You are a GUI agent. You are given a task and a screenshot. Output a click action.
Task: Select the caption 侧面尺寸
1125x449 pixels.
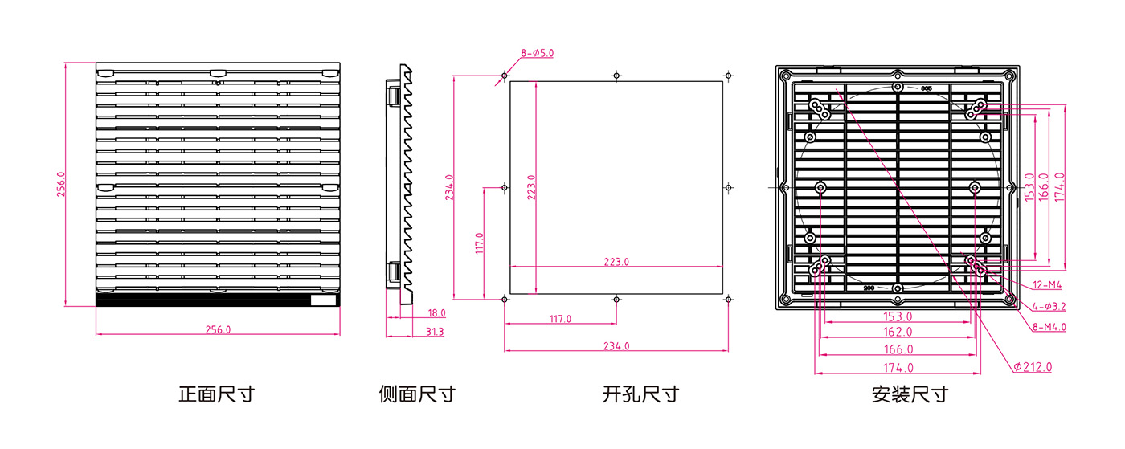[x=417, y=394]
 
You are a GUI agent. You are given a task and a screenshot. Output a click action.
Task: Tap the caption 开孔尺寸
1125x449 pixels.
[x=640, y=394]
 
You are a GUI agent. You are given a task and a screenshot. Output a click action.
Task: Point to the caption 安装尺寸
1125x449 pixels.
[x=909, y=394]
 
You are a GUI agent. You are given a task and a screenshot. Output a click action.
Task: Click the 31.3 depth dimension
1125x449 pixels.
[x=435, y=331]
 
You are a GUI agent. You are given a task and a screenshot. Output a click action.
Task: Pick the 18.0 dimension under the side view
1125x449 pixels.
[x=436, y=313]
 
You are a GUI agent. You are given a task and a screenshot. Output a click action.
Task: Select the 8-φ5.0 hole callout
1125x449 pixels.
[x=537, y=53]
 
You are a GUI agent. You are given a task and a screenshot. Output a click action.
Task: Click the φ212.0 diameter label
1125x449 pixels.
[x=1033, y=367]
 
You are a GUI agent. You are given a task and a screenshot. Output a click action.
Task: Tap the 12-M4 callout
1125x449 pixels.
[x=1046, y=285]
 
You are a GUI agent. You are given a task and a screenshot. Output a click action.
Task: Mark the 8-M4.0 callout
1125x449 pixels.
[x=1049, y=327]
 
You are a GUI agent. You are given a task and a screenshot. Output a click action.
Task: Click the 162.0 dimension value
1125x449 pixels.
[x=898, y=332]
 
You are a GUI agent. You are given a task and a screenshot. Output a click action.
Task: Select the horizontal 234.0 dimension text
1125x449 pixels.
[x=616, y=346]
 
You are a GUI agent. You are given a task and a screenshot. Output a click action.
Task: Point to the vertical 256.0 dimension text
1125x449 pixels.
[x=61, y=185]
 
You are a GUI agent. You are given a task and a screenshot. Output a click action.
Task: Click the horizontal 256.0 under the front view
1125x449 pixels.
[x=218, y=329]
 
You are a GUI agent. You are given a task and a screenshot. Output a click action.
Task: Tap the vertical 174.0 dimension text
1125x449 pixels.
[x=1059, y=186]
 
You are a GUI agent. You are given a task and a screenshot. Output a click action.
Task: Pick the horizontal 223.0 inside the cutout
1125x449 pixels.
[x=616, y=262]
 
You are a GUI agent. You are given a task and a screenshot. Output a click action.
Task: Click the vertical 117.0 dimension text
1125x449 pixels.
[x=479, y=243]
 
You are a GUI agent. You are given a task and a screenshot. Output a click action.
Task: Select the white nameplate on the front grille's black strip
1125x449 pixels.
[x=324, y=301]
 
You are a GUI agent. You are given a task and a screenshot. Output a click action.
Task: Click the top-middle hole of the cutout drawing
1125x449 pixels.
[x=616, y=76]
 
